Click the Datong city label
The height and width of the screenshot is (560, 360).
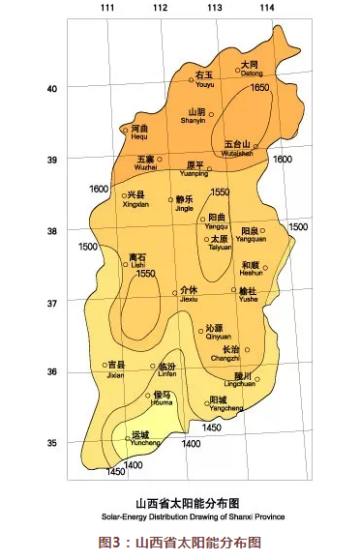point(252,68)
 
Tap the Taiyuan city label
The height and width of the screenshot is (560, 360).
point(221,243)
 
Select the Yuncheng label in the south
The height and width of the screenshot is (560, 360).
point(141,439)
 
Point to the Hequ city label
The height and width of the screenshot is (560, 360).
point(138,133)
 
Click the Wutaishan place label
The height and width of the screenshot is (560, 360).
point(237,147)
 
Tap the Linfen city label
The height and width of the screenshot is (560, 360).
point(165,371)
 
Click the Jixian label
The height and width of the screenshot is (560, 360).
point(115,369)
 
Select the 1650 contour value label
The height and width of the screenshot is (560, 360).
point(260,88)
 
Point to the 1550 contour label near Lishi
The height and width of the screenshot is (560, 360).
point(146,275)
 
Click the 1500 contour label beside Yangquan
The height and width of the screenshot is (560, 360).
point(298,227)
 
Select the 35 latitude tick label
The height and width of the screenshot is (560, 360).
point(52,443)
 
